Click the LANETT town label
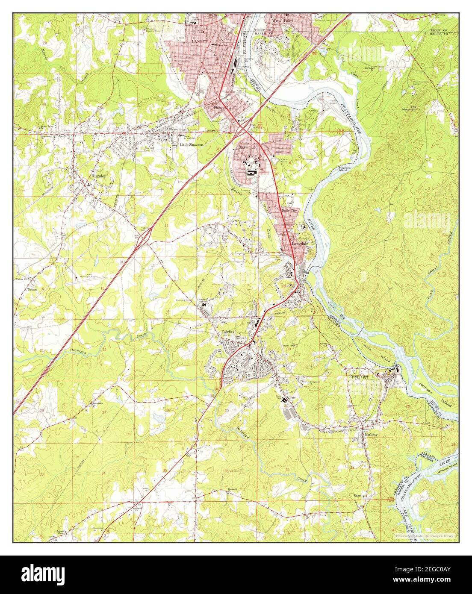(x=198, y=41)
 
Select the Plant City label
(x=222, y=108)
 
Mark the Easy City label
(x=289, y=211)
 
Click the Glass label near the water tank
(x=292, y=397)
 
